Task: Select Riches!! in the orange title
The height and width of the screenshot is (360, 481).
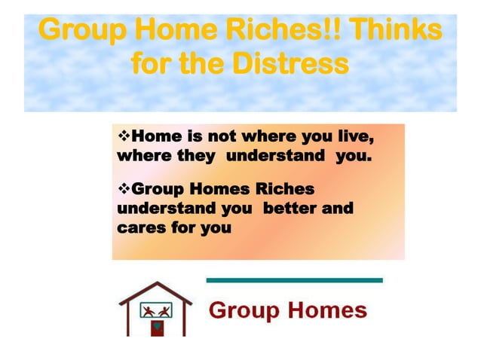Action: click(x=284, y=31)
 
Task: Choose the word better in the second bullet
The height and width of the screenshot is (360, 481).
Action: click(x=290, y=207)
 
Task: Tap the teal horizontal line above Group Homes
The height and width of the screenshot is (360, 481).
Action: click(x=294, y=280)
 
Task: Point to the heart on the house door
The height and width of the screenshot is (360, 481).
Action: click(x=157, y=328)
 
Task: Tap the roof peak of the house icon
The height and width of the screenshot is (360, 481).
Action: click(x=156, y=285)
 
